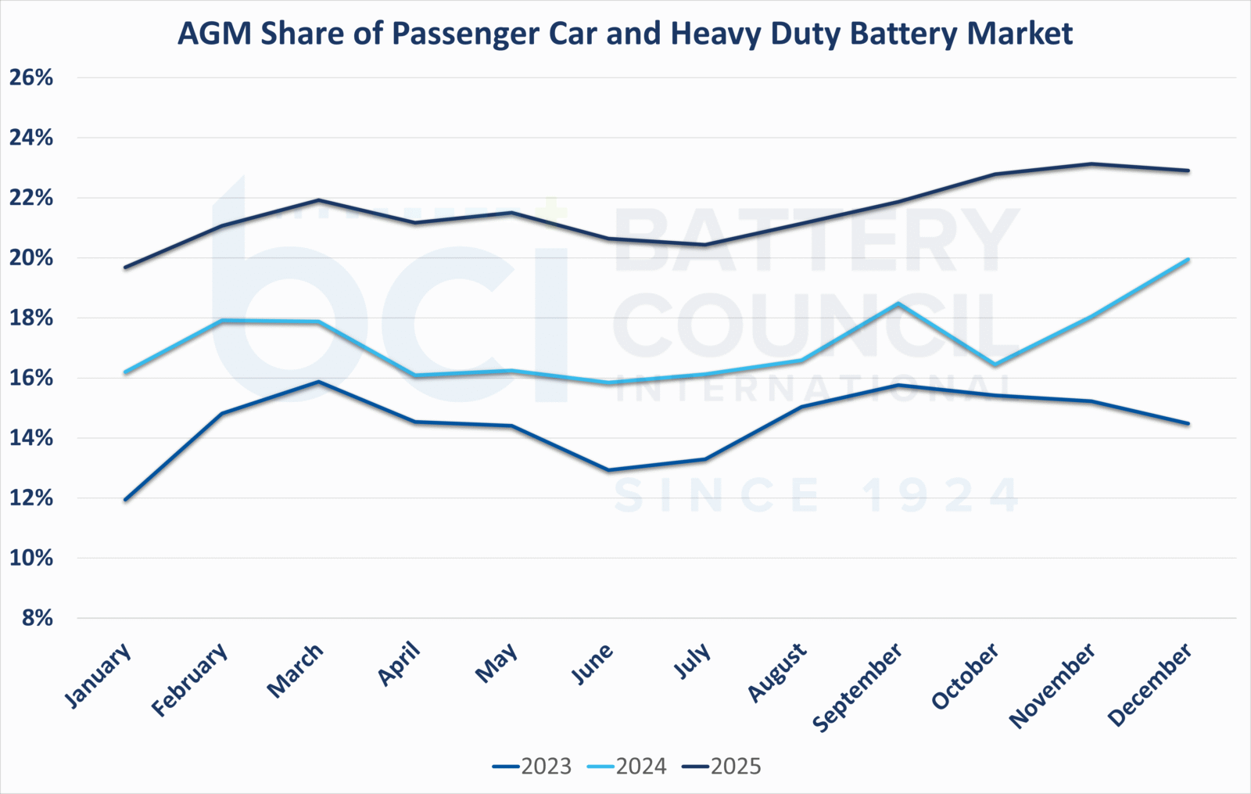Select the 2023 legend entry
point(532,766)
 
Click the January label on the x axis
point(98,676)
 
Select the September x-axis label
point(858,687)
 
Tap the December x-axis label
point(1150,684)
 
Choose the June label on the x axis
point(593,665)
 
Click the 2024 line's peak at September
point(898,304)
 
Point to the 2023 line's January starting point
point(125,500)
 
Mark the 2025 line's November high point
point(1091,163)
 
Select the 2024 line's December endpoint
point(1188,260)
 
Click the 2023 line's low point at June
point(608,470)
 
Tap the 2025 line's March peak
point(318,200)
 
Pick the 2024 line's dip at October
point(995,365)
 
